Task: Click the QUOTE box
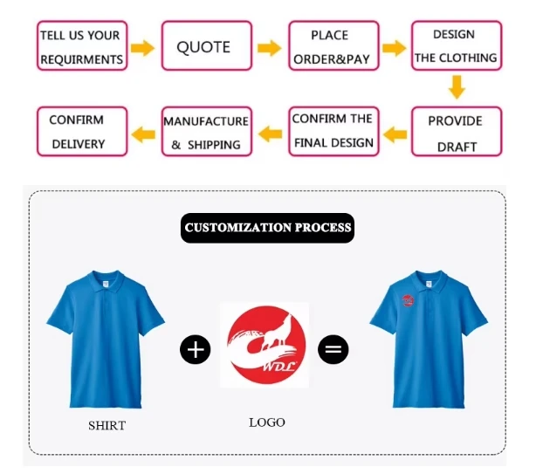tap(207, 45)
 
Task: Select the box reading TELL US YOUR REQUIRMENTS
tap(82, 45)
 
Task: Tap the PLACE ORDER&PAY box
tap(333, 45)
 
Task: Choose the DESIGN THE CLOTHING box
tap(457, 45)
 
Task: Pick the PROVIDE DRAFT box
tap(457, 132)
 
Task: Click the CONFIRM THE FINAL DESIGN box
tap(333, 132)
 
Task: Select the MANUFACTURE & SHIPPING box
tap(207, 132)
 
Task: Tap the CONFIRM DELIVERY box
tap(82, 132)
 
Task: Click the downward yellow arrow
tap(457, 87)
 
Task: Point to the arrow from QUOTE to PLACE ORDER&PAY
tap(270, 48)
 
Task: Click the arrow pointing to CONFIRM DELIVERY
tap(143, 134)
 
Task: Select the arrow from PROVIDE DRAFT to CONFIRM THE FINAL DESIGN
tap(395, 134)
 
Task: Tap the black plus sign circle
tap(196, 349)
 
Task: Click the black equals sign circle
tap(333, 349)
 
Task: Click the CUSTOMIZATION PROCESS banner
tap(267, 228)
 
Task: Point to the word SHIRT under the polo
tap(107, 425)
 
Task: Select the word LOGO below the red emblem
tap(266, 422)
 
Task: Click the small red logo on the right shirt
tap(408, 300)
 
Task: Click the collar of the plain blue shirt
tap(106, 282)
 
